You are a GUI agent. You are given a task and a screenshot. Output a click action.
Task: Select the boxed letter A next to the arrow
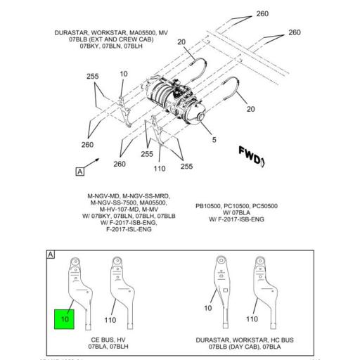click(80, 171)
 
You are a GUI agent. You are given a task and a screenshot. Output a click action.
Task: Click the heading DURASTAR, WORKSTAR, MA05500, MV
click(110, 33)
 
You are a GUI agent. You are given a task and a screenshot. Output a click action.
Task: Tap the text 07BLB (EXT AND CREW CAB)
click(104, 40)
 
